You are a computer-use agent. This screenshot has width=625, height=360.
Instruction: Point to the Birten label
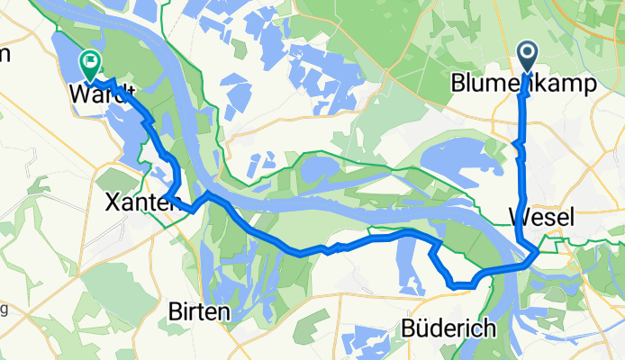[200, 311]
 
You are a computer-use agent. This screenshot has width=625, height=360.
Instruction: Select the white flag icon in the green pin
[91, 61]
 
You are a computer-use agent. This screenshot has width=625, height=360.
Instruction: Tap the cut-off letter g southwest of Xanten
[5, 310]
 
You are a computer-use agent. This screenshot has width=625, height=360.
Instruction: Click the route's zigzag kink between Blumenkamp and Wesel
[517, 145]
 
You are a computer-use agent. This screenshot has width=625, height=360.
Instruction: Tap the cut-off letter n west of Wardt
[5, 54]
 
